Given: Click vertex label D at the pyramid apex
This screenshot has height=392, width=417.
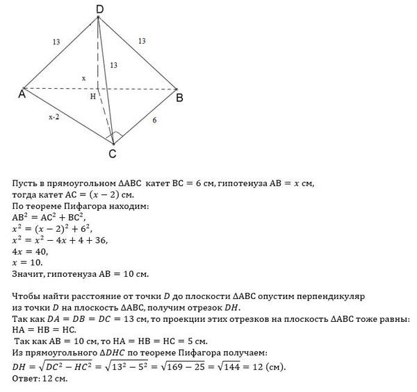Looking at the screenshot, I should [x=100, y=8].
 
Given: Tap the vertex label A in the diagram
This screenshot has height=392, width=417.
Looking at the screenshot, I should [x=22, y=95].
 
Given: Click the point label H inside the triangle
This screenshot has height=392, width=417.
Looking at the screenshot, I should [x=92, y=97].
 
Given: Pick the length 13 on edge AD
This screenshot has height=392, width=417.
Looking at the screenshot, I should [x=56, y=42].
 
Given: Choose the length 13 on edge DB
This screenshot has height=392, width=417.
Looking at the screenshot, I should [x=142, y=42].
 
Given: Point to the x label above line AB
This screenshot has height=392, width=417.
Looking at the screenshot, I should [x=83, y=78].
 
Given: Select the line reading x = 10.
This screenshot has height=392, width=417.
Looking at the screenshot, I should [x=28, y=263].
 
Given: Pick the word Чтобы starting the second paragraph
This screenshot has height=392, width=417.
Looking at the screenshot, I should [x=28, y=297].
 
